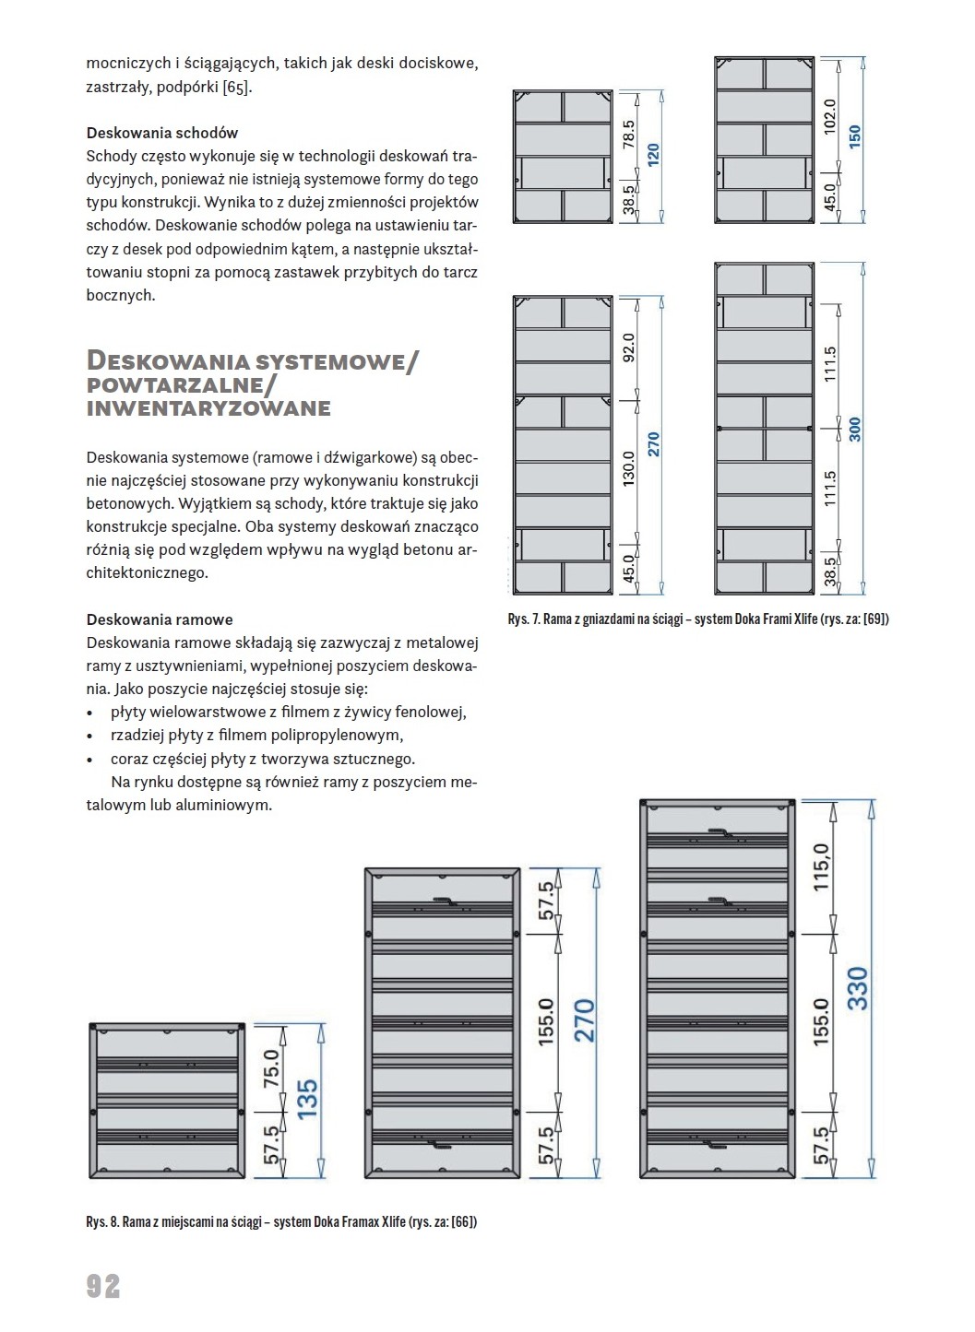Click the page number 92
point(103,1285)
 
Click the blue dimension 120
point(654,154)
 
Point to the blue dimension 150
point(854,136)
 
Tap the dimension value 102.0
point(828,117)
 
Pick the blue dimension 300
point(854,430)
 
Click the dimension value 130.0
point(629,470)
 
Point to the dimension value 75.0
point(271,1068)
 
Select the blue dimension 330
point(857,988)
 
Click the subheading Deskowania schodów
point(162,133)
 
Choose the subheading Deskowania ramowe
point(160,619)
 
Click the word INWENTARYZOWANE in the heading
point(208,409)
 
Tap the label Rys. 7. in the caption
point(523,619)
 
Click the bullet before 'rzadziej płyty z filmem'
point(89,737)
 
